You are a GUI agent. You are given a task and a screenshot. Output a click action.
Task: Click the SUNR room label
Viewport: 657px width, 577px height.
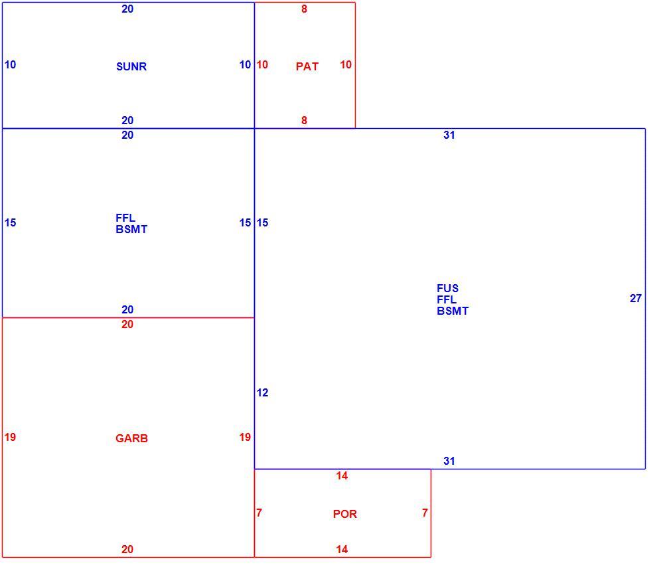pyautogui.click(x=131, y=66)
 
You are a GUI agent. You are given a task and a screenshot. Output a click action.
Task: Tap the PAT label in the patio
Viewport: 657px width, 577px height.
pyautogui.click(x=307, y=66)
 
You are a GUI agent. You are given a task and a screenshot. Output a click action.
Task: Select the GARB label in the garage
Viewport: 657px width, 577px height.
pyautogui.click(x=131, y=438)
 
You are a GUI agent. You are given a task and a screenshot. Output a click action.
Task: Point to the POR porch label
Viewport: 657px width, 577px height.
pyautogui.click(x=345, y=514)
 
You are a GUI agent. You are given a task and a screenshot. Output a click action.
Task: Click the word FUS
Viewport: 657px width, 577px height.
pyautogui.click(x=447, y=288)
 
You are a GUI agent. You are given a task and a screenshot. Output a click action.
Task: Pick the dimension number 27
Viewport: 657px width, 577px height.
pyautogui.click(x=636, y=298)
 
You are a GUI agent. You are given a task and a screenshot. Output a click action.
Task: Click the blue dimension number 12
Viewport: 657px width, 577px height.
pyautogui.click(x=262, y=392)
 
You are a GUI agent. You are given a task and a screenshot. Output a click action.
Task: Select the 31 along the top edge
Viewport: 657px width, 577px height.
pyautogui.click(x=449, y=135)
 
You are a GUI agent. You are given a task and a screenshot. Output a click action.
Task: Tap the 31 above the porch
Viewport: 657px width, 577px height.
pyautogui.click(x=449, y=461)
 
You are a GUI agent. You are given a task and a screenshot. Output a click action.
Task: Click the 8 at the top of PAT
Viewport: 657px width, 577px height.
pyautogui.click(x=304, y=9)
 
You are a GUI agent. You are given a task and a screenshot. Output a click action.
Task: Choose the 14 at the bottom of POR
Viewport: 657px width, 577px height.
pyautogui.click(x=342, y=549)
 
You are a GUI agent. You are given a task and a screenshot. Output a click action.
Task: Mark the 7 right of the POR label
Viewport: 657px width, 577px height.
pyautogui.click(x=425, y=513)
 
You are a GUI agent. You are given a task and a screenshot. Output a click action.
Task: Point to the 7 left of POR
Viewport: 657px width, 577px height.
pyautogui.click(x=259, y=513)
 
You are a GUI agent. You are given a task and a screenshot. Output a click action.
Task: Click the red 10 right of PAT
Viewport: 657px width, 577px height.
pyautogui.click(x=346, y=64)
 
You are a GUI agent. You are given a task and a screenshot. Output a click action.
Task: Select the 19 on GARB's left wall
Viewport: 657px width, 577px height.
pyautogui.click(x=10, y=437)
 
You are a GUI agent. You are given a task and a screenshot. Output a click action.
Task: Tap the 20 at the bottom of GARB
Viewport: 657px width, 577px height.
pyautogui.click(x=127, y=549)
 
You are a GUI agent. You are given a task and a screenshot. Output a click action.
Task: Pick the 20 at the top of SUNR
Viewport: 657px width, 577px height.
pyautogui.click(x=127, y=9)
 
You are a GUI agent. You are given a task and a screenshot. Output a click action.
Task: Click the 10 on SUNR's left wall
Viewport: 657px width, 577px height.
pyautogui.click(x=10, y=64)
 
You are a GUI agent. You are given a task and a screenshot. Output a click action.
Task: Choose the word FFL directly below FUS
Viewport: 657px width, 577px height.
pyautogui.click(x=447, y=299)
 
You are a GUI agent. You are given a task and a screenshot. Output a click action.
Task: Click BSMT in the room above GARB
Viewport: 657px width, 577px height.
pyautogui.click(x=131, y=229)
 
